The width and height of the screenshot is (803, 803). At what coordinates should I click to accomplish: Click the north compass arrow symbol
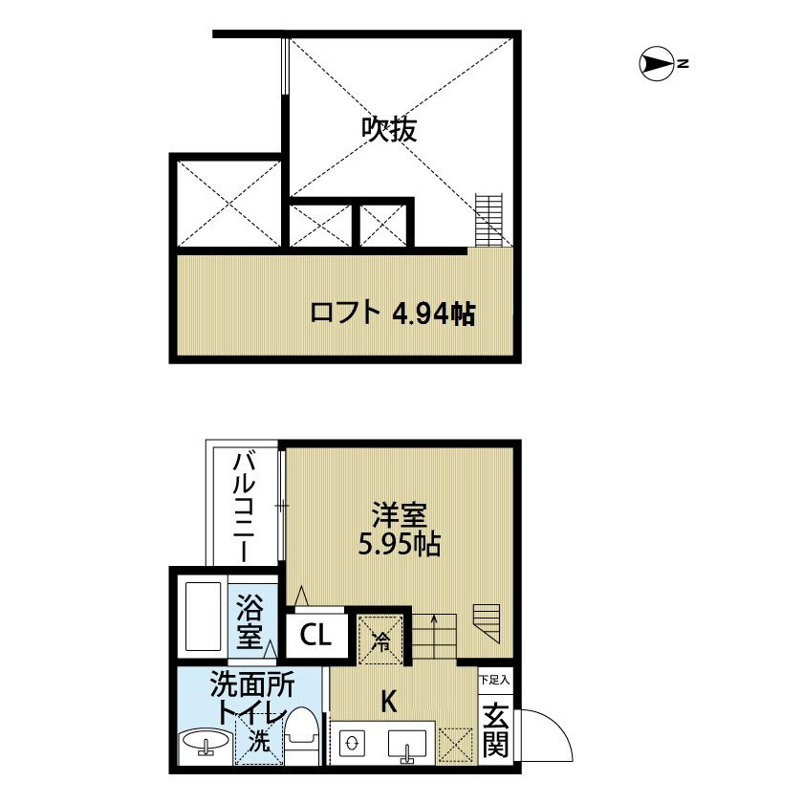click(657, 64)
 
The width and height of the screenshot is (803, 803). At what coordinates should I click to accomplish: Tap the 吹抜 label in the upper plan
click(389, 130)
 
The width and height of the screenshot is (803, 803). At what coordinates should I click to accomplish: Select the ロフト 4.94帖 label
click(393, 313)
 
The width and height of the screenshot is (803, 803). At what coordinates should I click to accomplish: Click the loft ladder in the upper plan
click(488, 219)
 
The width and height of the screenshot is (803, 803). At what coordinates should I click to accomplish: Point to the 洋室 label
click(400, 515)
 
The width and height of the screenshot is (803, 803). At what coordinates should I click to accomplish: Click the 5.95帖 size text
click(399, 545)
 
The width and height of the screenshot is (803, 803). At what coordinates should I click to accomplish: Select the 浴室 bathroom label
click(250, 622)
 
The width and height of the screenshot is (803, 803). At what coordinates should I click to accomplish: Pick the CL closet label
click(315, 635)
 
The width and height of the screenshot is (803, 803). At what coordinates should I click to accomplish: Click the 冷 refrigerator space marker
click(380, 641)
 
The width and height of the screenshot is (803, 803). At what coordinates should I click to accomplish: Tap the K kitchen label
click(389, 701)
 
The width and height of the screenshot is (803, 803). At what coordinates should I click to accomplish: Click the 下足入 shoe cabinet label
click(495, 681)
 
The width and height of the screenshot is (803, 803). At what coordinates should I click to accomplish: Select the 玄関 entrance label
click(496, 730)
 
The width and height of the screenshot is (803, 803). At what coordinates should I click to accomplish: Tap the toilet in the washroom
click(302, 736)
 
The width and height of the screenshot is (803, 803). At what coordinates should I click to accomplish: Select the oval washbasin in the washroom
click(206, 741)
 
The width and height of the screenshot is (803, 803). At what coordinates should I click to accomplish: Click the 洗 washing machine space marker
click(259, 740)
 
